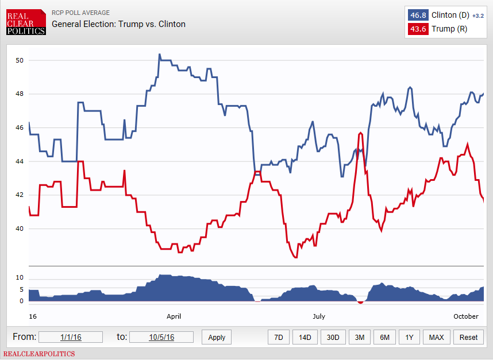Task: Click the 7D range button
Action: click(278, 337)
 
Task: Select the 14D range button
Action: click(305, 337)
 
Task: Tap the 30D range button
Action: click(333, 337)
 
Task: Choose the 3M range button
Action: click(360, 337)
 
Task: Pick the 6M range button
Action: click(384, 337)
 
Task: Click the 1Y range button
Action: click(409, 337)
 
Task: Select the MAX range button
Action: click(437, 337)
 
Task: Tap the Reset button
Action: click(468, 337)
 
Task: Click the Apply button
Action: click(217, 337)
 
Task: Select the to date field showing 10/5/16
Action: click(161, 337)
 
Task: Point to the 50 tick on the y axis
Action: click(20, 60)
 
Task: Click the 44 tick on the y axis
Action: click(20, 161)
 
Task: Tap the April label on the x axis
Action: click(174, 316)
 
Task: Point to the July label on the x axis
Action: click(319, 316)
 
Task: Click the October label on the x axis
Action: click(465, 316)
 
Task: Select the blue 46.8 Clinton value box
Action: click(417, 15)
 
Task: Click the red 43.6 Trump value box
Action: click(417, 29)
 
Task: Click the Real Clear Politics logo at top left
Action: click(26, 22)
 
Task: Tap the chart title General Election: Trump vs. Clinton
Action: click(118, 24)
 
